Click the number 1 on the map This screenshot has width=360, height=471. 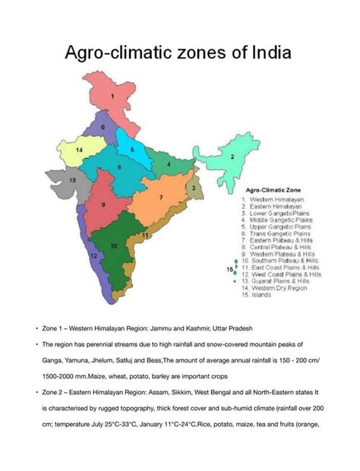[x=112, y=97]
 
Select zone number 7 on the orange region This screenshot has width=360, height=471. [x=161, y=197]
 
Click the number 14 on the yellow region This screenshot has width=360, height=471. [x=78, y=150]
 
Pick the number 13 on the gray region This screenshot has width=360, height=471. [x=73, y=181]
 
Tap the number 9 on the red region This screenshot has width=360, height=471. [x=103, y=205]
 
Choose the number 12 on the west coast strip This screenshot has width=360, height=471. [x=93, y=256]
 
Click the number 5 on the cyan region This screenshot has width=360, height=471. [x=132, y=150]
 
